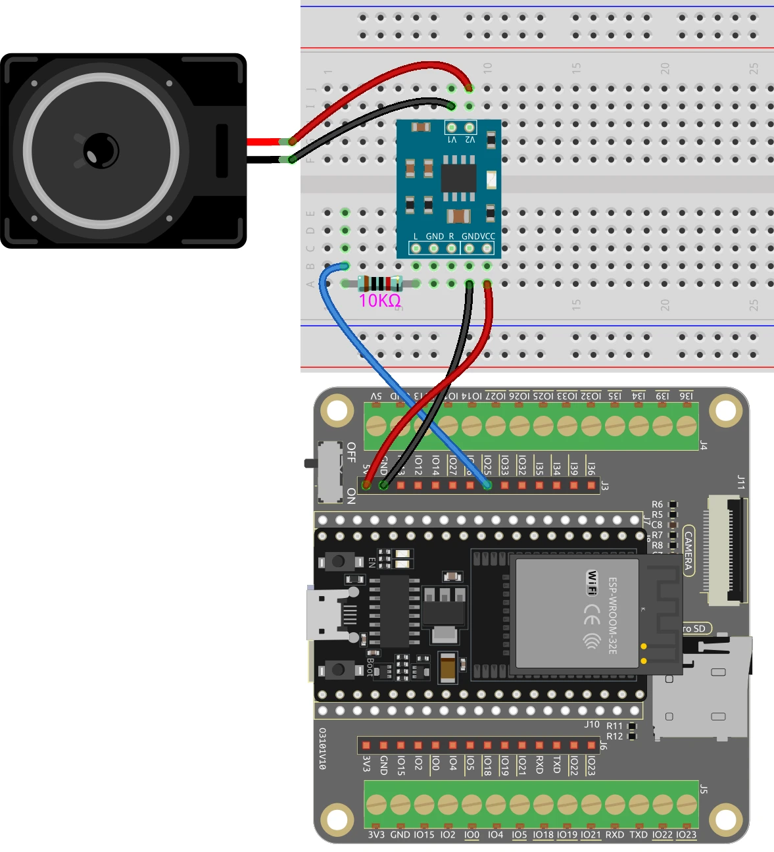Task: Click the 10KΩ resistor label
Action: click(x=379, y=301)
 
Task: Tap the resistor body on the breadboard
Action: click(x=380, y=284)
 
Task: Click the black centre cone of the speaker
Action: click(x=101, y=150)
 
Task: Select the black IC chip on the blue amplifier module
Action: click(x=458, y=178)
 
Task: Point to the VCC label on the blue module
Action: click(x=487, y=236)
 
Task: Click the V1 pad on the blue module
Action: click(x=452, y=128)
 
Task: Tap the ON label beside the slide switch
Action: click(x=351, y=496)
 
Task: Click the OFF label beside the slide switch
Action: click(x=351, y=452)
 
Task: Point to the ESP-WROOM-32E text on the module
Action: click(x=612, y=616)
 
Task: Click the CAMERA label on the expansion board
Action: click(x=689, y=551)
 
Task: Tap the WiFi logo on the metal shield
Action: click(x=593, y=583)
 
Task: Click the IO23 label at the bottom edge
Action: click(x=686, y=834)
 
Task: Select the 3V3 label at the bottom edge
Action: click(x=376, y=834)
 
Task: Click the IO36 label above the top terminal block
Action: click(x=686, y=396)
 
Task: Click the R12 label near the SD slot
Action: click(x=614, y=736)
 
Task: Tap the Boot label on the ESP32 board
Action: click(x=370, y=666)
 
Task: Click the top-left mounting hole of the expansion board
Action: click(x=337, y=411)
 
